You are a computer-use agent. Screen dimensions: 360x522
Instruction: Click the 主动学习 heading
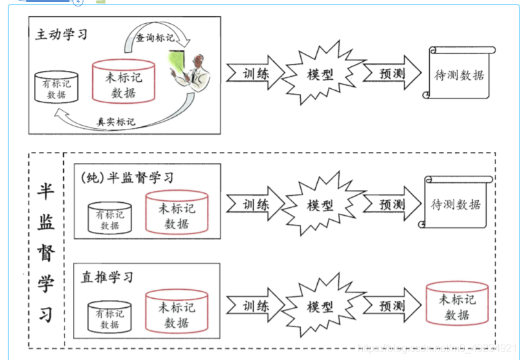click(61, 34)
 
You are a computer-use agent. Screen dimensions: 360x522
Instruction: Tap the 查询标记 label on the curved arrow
click(154, 38)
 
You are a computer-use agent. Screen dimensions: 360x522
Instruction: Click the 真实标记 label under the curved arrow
click(116, 120)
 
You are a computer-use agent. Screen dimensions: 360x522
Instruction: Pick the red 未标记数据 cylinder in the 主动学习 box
click(123, 82)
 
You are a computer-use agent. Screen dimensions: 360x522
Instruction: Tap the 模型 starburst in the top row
click(320, 72)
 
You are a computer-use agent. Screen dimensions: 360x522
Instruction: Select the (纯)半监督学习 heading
click(128, 176)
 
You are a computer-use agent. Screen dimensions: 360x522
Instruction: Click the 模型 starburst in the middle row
click(320, 205)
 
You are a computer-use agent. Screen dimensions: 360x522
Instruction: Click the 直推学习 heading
click(107, 277)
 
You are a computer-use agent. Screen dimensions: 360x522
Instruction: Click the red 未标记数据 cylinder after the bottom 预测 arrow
click(457, 307)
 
